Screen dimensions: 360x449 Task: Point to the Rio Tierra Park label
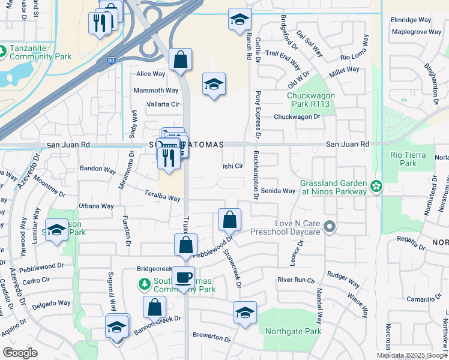point(408,159)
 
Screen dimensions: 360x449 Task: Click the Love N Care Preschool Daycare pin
point(329,227)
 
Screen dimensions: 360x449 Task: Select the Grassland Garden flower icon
point(376,187)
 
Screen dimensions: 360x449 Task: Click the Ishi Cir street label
point(233,166)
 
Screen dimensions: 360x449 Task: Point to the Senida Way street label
point(277,191)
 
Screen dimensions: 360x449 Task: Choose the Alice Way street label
point(151,74)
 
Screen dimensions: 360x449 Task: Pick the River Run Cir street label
point(296,280)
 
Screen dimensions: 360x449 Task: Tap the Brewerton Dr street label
point(211,337)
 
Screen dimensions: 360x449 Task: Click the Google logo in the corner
point(20,353)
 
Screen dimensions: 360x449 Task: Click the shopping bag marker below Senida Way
point(229,221)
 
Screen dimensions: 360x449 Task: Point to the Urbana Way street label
point(96,206)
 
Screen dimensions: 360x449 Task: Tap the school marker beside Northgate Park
point(245,313)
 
